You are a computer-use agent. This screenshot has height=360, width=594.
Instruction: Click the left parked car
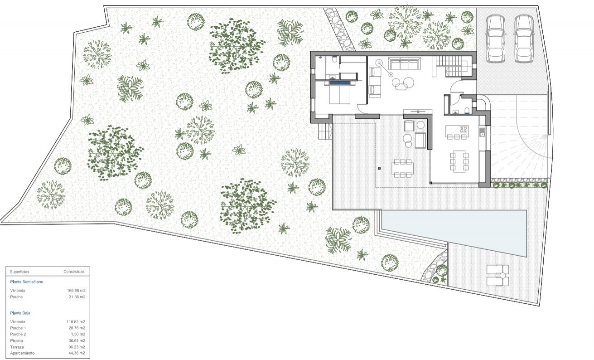[x=495, y=39]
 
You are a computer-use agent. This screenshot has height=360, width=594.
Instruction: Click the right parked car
[x=524, y=39]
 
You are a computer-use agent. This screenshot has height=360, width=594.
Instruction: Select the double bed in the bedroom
[x=339, y=94]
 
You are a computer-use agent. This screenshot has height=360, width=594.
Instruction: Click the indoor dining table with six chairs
[x=459, y=161]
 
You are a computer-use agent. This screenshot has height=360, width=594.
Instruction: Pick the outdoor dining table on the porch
[x=403, y=168]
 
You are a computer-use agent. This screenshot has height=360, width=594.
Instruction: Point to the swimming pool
[x=453, y=229]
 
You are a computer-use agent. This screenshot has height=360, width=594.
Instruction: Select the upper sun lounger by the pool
[x=497, y=270]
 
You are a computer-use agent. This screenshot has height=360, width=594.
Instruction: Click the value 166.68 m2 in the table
[x=76, y=290]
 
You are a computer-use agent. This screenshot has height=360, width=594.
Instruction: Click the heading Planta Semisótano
[x=27, y=282]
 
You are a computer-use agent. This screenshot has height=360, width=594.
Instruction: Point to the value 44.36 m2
[x=76, y=353]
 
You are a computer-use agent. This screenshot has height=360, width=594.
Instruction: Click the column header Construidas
[x=73, y=272]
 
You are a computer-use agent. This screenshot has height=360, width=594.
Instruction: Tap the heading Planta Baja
[x=20, y=313]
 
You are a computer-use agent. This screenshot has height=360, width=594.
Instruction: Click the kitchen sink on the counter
[x=483, y=131]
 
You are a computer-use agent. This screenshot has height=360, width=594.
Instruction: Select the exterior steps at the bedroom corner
[x=325, y=131]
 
